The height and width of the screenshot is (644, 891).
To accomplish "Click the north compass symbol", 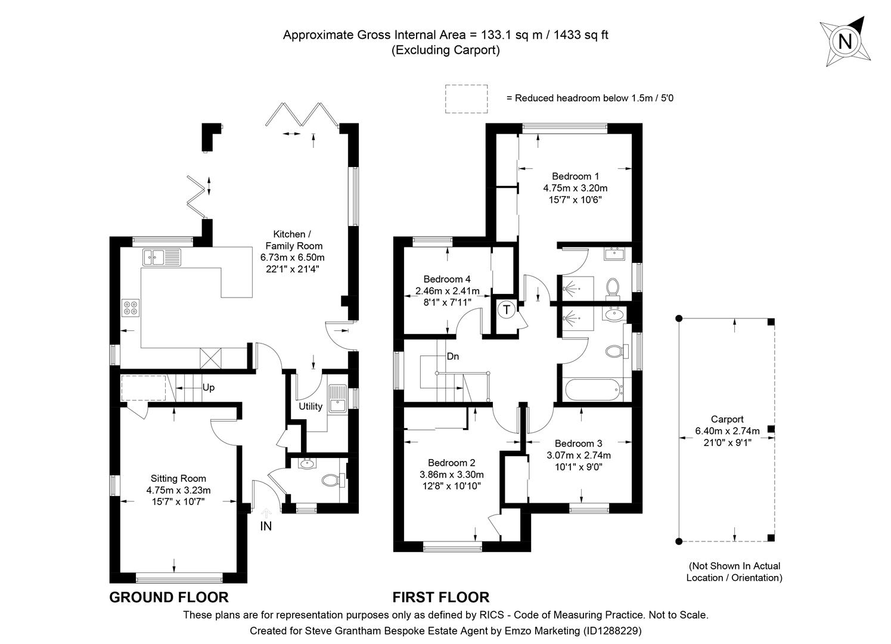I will pyautogui.click(x=845, y=41).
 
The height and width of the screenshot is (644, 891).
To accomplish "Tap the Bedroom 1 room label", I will pyautogui.click(x=575, y=177).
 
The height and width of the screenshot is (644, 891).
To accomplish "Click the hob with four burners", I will pyautogui.click(x=131, y=308).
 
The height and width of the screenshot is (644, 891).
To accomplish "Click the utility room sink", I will pyautogui.click(x=337, y=398).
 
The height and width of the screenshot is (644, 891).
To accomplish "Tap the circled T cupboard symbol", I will pyautogui.click(x=507, y=309).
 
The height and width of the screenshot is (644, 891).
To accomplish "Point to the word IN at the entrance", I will pyautogui.click(x=266, y=526).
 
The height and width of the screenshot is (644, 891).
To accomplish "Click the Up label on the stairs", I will pyautogui.click(x=208, y=388).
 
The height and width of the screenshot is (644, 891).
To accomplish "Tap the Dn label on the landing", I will pyautogui.click(x=453, y=357).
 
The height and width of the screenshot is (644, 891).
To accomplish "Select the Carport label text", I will pyautogui.click(x=727, y=419).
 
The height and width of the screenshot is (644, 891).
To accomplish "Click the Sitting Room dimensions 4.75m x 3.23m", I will pyautogui.click(x=178, y=490).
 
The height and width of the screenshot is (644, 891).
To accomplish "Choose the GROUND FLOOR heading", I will pyautogui.click(x=169, y=597).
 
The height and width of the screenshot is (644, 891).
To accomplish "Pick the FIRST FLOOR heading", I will pyautogui.click(x=440, y=597).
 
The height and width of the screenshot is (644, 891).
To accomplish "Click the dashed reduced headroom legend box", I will pyautogui.click(x=466, y=98).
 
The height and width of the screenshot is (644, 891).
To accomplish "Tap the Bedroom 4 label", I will pyautogui.click(x=447, y=279).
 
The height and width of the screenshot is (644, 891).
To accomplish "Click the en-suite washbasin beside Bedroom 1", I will pyautogui.click(x=613, y=255).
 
